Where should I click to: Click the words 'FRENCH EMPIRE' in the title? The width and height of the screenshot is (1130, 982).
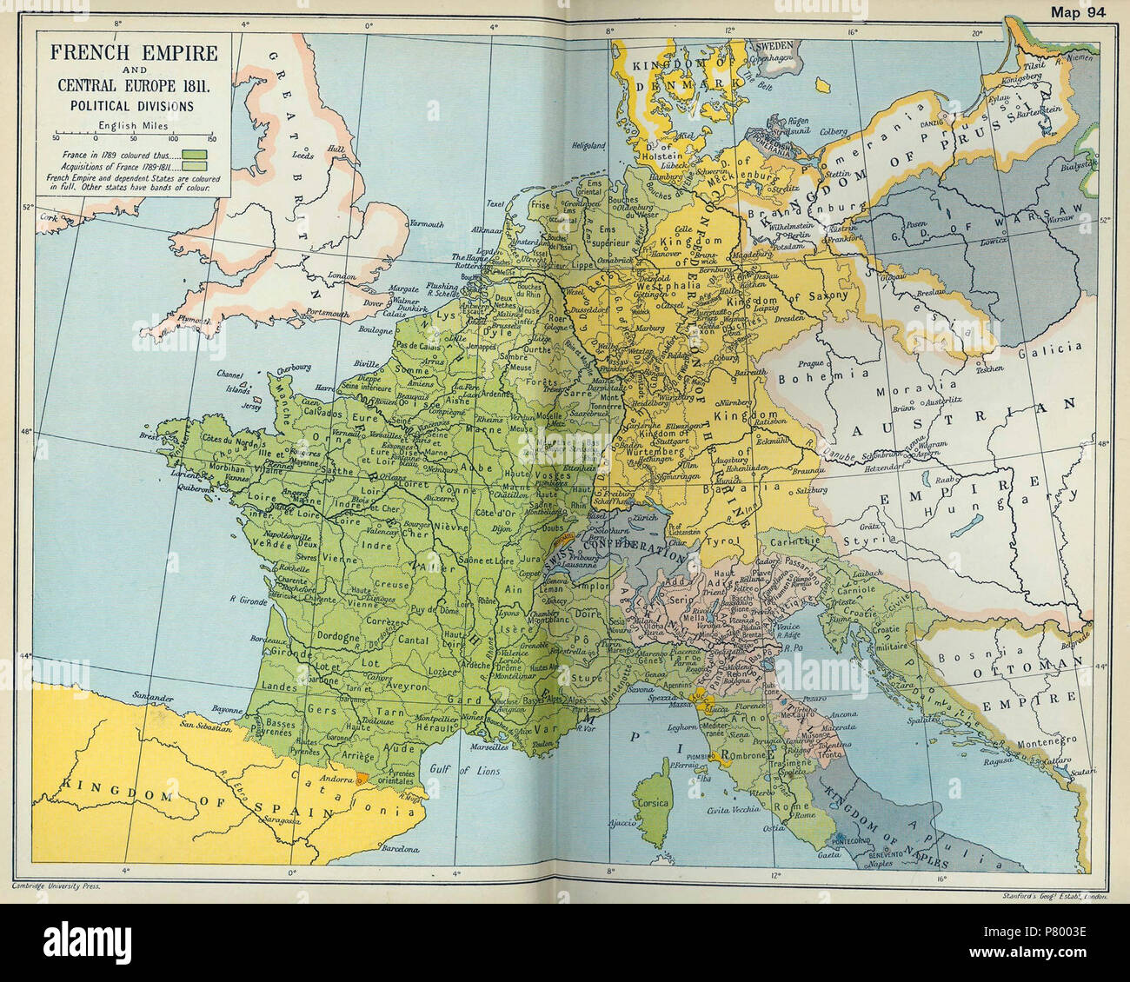(133, 52)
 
